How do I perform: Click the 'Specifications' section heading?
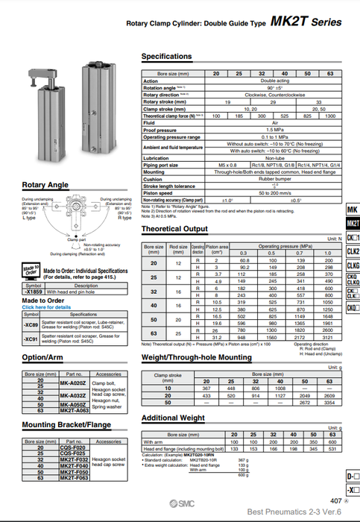pyautogui.click(x=166, y=57)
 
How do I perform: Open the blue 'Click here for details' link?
pyautogui.click(x=47, y=306)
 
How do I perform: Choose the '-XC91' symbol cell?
pyautogui.click(x=31, y=339)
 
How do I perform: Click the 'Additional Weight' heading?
pyautogui.click(x=174, y=418)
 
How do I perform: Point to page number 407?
pyautogui.click(x=335, y=501)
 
